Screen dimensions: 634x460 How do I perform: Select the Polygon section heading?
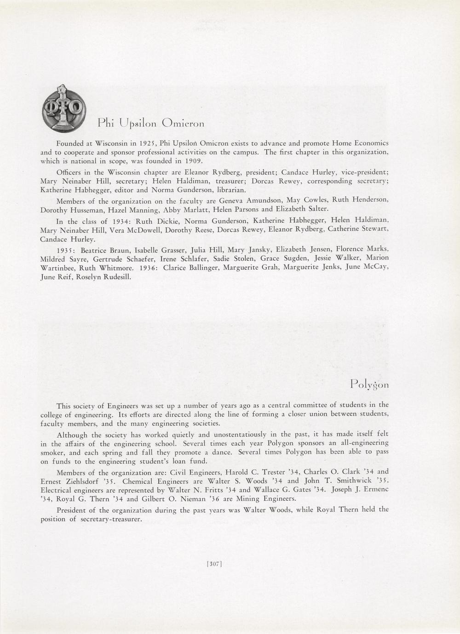[369, 385]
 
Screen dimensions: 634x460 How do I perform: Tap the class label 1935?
[66, 250]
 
